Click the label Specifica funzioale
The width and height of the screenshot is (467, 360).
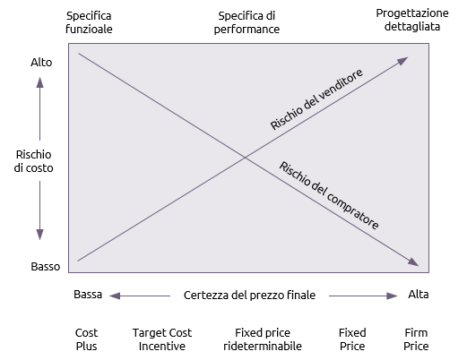click(x=89, y=22)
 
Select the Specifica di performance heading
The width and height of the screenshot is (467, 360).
click(x=246, y=22)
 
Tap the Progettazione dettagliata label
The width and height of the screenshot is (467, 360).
click(x=412, y=20)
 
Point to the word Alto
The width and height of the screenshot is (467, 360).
click(x=41, y=63)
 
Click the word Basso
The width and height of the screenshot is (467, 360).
click(x=46, y=266)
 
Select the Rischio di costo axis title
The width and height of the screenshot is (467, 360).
click(x=33, y=161)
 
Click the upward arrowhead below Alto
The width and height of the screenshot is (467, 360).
click(x=39, y=82)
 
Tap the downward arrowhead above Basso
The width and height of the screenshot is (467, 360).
click(x=39, y=235)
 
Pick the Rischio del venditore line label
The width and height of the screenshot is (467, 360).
click(x=316, y=99)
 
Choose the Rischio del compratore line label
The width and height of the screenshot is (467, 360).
click(x=329, y=195)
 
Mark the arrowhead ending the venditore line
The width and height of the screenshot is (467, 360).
click(x=403, y=60)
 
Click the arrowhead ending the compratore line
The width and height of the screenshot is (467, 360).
click(x=414, y=262)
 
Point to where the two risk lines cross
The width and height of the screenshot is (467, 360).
click(x=245, y=158)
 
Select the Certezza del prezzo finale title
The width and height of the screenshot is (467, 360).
click(x=249, y=295)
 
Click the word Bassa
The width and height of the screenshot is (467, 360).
click(x=88, y=295)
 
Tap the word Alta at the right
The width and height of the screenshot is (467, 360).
click(x=419, y=295)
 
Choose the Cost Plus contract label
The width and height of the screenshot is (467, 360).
click(x=86, y=339)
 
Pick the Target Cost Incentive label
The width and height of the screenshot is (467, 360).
click(x=162, y=339)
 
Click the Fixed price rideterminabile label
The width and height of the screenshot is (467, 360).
click(x=263, y=339)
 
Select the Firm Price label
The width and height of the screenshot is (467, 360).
click(x=416, y=339)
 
